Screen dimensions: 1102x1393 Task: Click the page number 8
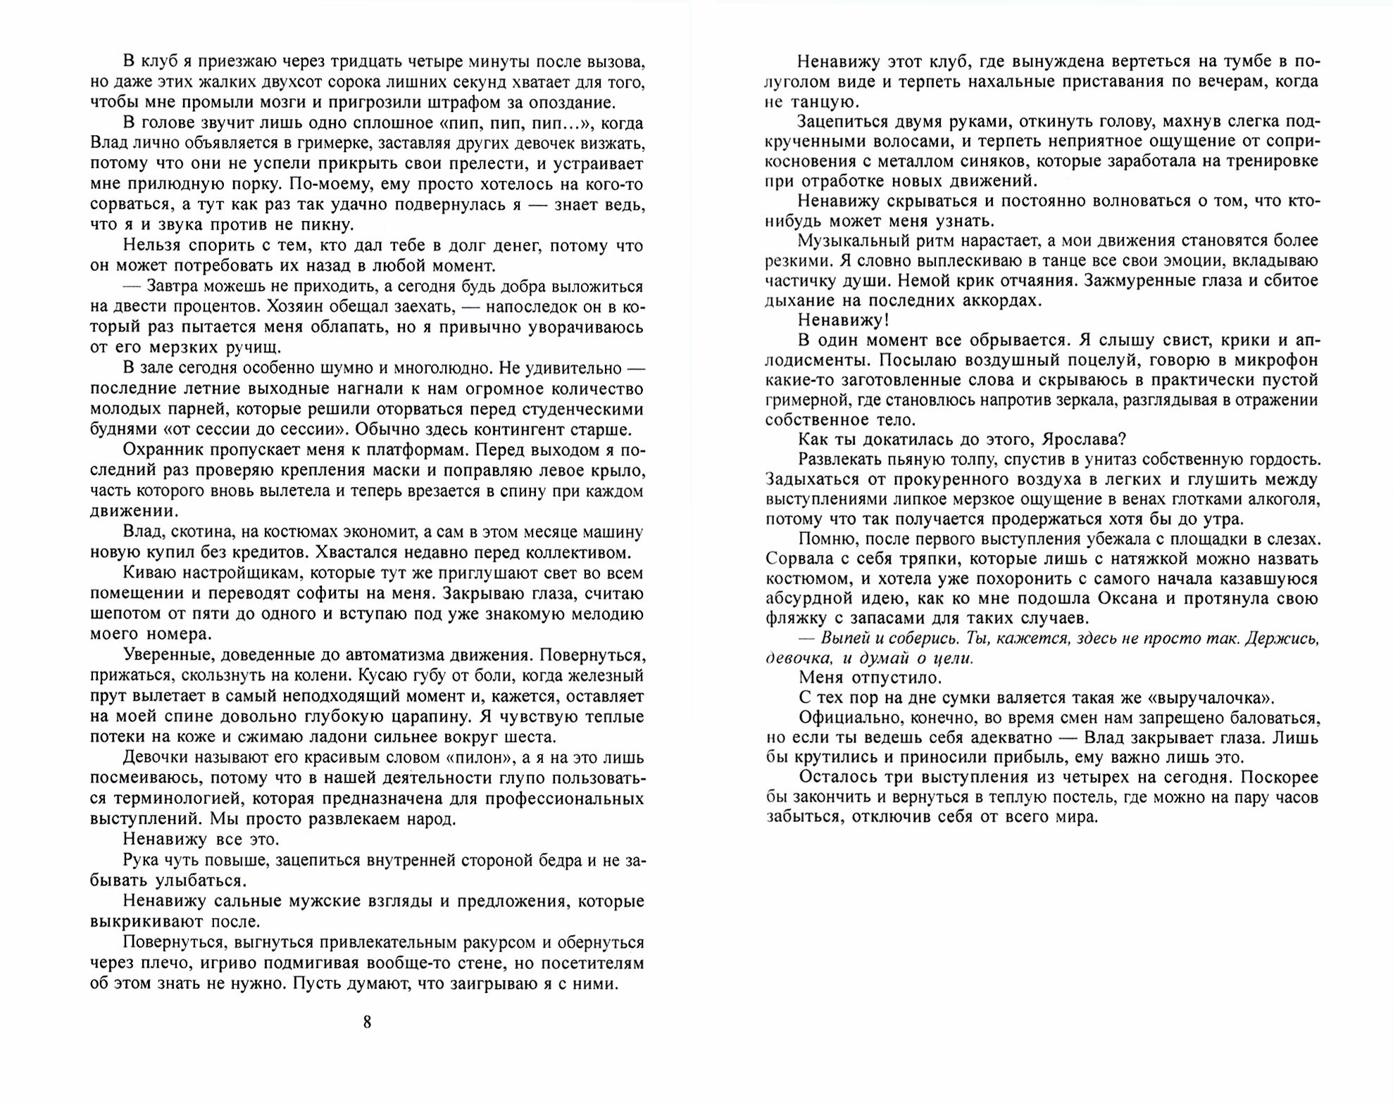[x=367, y=1022]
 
